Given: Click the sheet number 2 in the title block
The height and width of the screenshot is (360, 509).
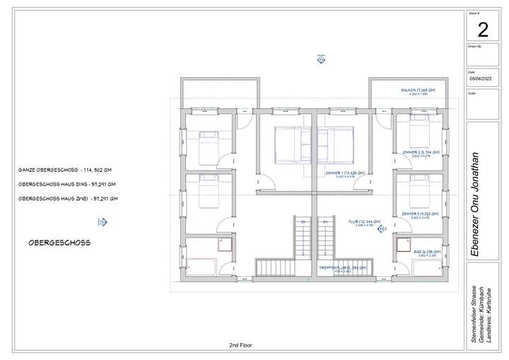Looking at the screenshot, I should [x=483, y=30].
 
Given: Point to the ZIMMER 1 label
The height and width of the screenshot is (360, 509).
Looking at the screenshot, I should [x=345, y=173].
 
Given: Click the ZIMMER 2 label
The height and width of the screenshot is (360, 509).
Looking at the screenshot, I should [x=421, y=153].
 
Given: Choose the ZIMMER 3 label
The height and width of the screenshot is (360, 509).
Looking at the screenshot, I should [x=421, y=213].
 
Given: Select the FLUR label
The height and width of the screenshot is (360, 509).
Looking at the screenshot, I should [x=365, y=221].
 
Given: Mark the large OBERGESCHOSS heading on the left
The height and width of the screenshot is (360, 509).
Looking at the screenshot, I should [x=59, y=242].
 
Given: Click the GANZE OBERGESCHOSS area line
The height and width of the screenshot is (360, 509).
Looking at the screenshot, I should [x=66, y=170].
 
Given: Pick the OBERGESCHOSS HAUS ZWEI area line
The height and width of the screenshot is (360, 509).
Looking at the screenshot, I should [x=68, y=199].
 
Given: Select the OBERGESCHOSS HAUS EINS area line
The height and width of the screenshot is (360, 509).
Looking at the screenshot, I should [x=68, y=185].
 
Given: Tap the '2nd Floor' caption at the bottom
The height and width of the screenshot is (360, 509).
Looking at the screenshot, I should [x=240, y=345].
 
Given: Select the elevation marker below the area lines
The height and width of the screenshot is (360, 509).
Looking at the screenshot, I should [x=103, y=222].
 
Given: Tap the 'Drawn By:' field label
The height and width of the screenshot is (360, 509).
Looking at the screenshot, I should [x=475, y=46].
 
